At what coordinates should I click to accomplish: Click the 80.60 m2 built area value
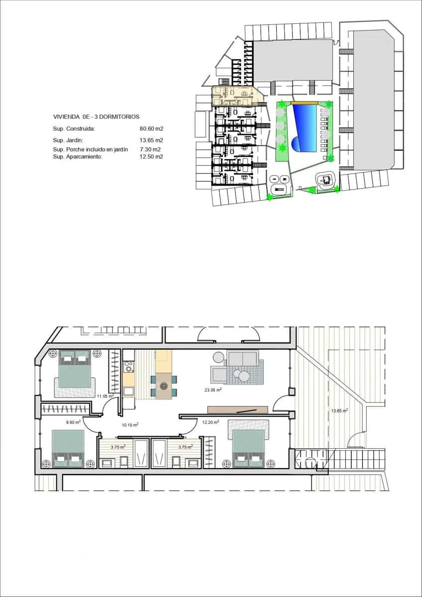(152, 129)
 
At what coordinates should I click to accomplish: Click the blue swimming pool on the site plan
(305, 128)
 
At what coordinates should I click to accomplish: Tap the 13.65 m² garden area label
(339, 411)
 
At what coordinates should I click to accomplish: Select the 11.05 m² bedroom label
(105, 396)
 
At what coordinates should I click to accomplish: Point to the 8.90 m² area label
(74, 422)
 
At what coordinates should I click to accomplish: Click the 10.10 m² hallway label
(130, 425)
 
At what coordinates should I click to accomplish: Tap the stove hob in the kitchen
(129, 367)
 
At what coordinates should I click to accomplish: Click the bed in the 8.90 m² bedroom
(68, 448)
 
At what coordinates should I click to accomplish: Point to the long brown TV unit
(237, 409)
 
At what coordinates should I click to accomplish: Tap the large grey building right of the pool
(373, 97)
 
